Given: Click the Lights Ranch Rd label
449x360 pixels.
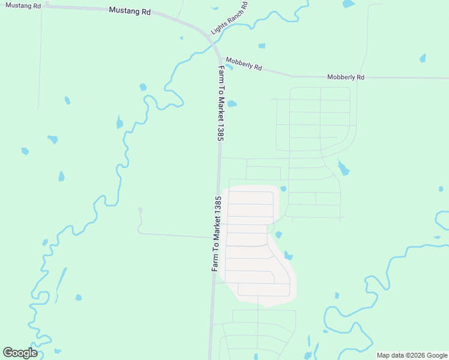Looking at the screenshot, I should [x=229, y=17].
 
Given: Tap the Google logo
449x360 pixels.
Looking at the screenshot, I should [x=20, y=353].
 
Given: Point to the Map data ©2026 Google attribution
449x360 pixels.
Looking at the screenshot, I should [x=412, y=355].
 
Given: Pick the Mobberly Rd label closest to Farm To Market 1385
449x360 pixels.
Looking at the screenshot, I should [x=243, y=64].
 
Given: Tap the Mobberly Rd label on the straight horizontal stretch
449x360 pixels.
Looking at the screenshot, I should [x=345, y=77].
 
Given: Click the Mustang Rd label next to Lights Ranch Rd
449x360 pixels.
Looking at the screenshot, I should [x=130, y=11].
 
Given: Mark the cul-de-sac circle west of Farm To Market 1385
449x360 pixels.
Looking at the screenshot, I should [x=140, y=210].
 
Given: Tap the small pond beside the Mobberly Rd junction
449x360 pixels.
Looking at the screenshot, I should [x=229, y=67].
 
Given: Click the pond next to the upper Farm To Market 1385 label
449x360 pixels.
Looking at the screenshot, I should [x=232, y=103].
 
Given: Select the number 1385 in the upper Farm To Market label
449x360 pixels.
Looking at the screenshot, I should [x=220, y=129].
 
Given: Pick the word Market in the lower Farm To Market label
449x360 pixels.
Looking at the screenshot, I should [x=217, y=237].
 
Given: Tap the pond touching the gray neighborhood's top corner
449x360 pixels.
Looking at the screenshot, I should [x=283, y=188].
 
